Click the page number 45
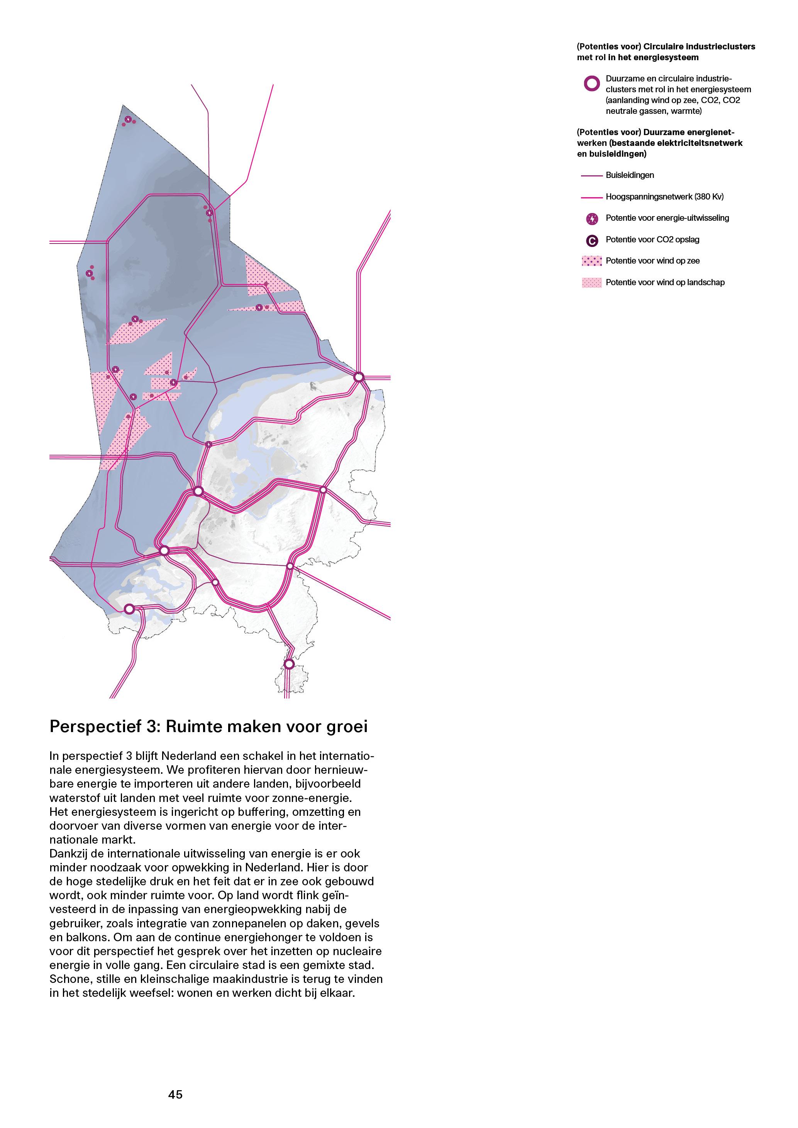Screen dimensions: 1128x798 (x=175, y=1094)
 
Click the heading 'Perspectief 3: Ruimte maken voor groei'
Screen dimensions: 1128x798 (x=208, y=726)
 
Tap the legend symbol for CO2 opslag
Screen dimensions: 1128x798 (x=592, y=240)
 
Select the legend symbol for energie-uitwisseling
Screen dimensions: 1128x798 (x=592, y=219)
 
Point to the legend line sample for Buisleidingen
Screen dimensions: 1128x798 (x=591, y=175)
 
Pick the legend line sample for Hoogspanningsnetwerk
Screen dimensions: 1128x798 (x=591, y=197)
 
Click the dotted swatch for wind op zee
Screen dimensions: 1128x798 (x=591, y=261)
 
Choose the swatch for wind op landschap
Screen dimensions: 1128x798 (x=591, y=282)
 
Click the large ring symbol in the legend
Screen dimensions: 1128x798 (x=591, y=83)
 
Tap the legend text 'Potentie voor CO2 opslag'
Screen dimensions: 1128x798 (x=652, y=240)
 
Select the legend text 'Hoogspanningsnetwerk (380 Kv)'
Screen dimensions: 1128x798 (x=664, y=196)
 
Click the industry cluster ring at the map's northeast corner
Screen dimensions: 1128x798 (x=359, y=377)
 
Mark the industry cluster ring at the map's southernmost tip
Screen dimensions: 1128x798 (x=289, y=664)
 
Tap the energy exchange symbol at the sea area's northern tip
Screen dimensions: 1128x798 (x=128, y=119)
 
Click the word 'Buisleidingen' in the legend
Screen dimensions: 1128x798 (x=629, y=175)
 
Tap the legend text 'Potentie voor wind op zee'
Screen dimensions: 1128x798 (x=652, y=261)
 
